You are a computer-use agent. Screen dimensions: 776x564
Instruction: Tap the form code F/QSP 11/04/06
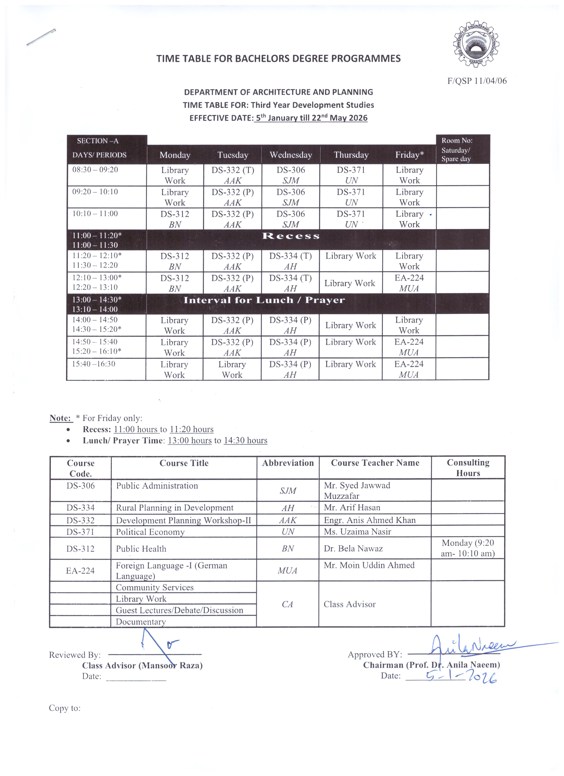(477, 81)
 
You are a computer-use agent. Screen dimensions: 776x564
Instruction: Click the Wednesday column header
(291, 155)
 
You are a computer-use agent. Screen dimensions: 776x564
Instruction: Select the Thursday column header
(351, 155)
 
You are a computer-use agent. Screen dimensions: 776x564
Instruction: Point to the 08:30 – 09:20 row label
(95, 170)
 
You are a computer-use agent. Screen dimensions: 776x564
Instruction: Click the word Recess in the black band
(291, 236)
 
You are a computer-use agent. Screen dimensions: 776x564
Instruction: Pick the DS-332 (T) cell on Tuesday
(232, 175)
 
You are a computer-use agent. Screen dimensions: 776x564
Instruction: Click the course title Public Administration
(157, 486)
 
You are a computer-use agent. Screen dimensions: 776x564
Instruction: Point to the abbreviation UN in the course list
(288, 532)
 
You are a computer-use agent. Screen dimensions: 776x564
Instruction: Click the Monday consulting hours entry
(468, 548)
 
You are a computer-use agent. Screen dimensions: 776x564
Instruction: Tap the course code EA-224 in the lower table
(80, 570)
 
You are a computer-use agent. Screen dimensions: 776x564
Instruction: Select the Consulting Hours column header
(468, 468)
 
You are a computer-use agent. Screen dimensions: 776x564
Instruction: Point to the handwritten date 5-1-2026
(461, 677)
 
